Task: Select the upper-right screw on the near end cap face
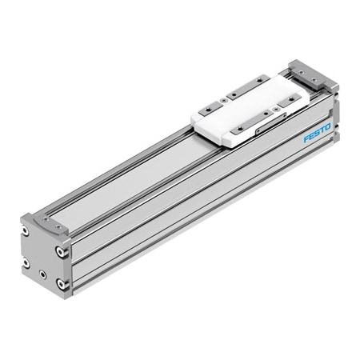[58, 250]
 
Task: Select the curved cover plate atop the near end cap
[48, 226]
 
